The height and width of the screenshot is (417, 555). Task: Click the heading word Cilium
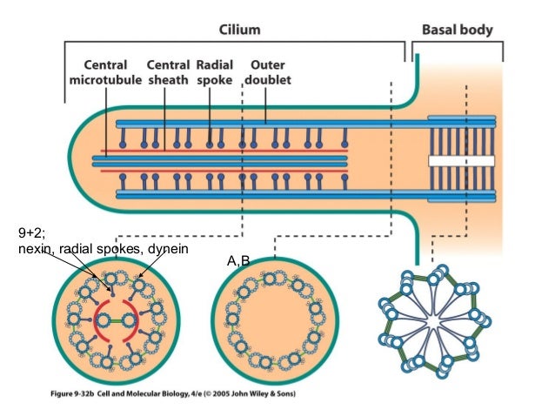(x=239, y=30)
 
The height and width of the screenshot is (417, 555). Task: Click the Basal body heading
(x=458, y=30)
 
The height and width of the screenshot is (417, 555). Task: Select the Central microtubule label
(x=105, y=72)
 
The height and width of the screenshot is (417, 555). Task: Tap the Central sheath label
(x=168, y=72)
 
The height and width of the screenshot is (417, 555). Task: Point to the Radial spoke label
(x=215, y=72)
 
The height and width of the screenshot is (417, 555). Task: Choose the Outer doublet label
(x=268, y=72)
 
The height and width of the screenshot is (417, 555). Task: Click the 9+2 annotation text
(x=31, y=233)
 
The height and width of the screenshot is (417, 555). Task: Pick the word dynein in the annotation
(x=168, y=249)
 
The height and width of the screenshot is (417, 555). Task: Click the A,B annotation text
(x=238, y=261)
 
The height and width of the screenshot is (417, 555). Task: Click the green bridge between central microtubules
(x=115, y=321)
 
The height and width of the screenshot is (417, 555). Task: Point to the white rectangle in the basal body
(x=461, y=161)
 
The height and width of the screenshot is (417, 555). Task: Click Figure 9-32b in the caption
(x=72, y=393)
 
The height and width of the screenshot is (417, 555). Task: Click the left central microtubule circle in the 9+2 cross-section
(x=103, y=321)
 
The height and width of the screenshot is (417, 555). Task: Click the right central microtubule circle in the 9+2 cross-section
(x=129, y=321)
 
